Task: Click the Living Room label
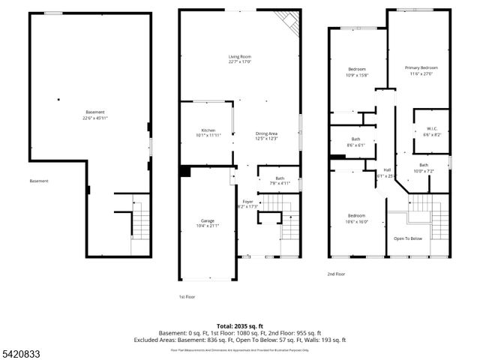[x=239, y=57]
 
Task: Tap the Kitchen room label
[x=208, y=130]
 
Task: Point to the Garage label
[x=207, y=220]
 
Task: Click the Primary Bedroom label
[x=421, y=68]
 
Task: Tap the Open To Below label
[x=408, y=238]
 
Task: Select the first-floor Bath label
[x=279, y=178]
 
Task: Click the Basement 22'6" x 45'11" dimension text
[x=96, y=118]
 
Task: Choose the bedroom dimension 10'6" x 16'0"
[x=355, y=221]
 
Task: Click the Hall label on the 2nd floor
[x=387, y=169]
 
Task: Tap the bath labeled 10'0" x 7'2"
[x=424, y=170]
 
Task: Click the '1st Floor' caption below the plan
[x=187, y=296]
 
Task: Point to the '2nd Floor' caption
[x=336, y=274]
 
